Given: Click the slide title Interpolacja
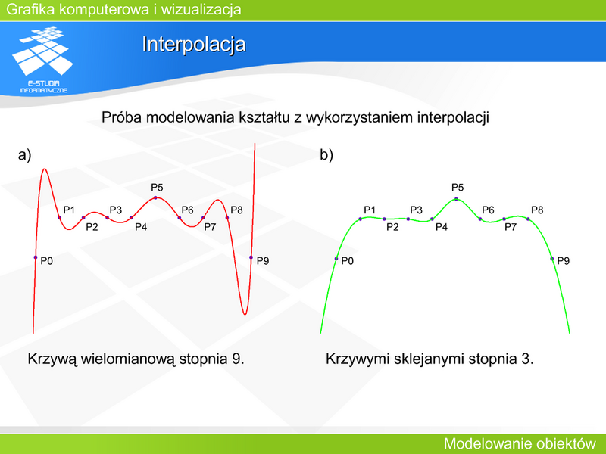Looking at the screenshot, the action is pyautogui.click(x=194, y=44).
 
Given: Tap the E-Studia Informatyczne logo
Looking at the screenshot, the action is pyautogui.click(x=43, y=60).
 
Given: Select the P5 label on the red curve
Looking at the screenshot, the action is pyautogui.click(x=157, y=188).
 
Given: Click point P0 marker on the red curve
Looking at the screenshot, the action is pyautogui.click(x=36, y=257).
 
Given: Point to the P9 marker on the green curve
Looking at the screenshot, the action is pyautogui.click(x=552, y=259).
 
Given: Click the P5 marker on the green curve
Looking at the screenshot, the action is pyautogui.click(x=457, y=199).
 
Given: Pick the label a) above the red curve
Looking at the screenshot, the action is pyautogui.click(x=24, y=155).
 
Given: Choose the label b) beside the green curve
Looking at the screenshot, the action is pyautogui.click(x=326, y=155).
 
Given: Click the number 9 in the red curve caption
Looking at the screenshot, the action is pyautogui.click(x=238, y=359).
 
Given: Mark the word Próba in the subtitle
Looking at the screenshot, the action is pyautogui.click(x=121, y=117).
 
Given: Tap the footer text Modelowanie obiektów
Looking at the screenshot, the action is pyautogui.click(x=520, y=443).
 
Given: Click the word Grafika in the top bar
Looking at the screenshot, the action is pyautogui.click(x=30, y=9).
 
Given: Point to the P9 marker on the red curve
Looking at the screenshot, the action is pyautogui.click(x=251, y=257).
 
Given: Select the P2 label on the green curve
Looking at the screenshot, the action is pyautogui.click(x=392, y=227).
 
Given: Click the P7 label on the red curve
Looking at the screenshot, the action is pyautogui.click(x=210, y=227).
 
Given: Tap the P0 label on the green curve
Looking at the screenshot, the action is pyautogui.click(x=348, y=261).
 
